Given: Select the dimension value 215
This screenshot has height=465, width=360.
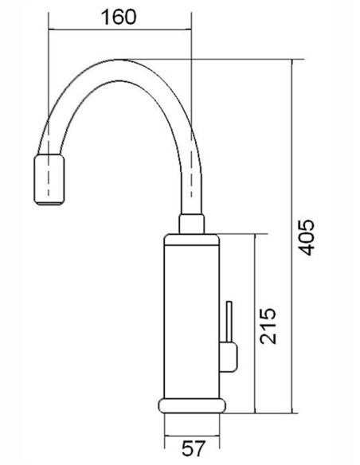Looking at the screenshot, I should pos(268,326).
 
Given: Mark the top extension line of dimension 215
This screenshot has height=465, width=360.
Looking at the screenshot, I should pos(239,233).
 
